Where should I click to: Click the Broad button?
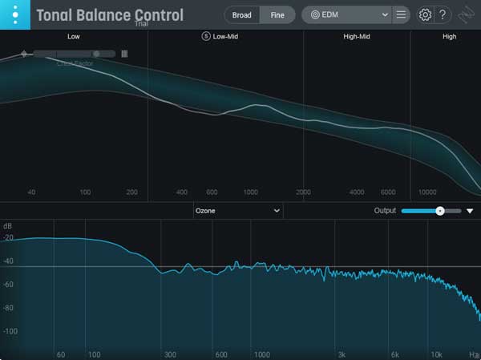coord(242,14)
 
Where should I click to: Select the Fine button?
coord(277,14)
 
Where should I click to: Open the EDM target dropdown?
coord(350,14)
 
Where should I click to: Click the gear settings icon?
coord(425,14)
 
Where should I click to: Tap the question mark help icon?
coord(443,14)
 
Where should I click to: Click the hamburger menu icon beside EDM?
coord(401,14)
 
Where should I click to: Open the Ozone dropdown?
coord(238,210)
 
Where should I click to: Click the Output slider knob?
coord(439,210)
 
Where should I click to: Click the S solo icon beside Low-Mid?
coord(206,36)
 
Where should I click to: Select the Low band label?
coord(74,36)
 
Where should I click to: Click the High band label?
coord(450,36)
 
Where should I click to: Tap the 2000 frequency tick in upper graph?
coord(303,192)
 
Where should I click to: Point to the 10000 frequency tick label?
coord(427,192)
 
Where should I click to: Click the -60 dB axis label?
coord(10,284)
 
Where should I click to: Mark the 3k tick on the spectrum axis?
coord(342,354)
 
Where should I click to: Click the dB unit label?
coord(8,226)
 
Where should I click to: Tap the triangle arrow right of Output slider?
coord(471,211)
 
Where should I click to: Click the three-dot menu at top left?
coord(15,14)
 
